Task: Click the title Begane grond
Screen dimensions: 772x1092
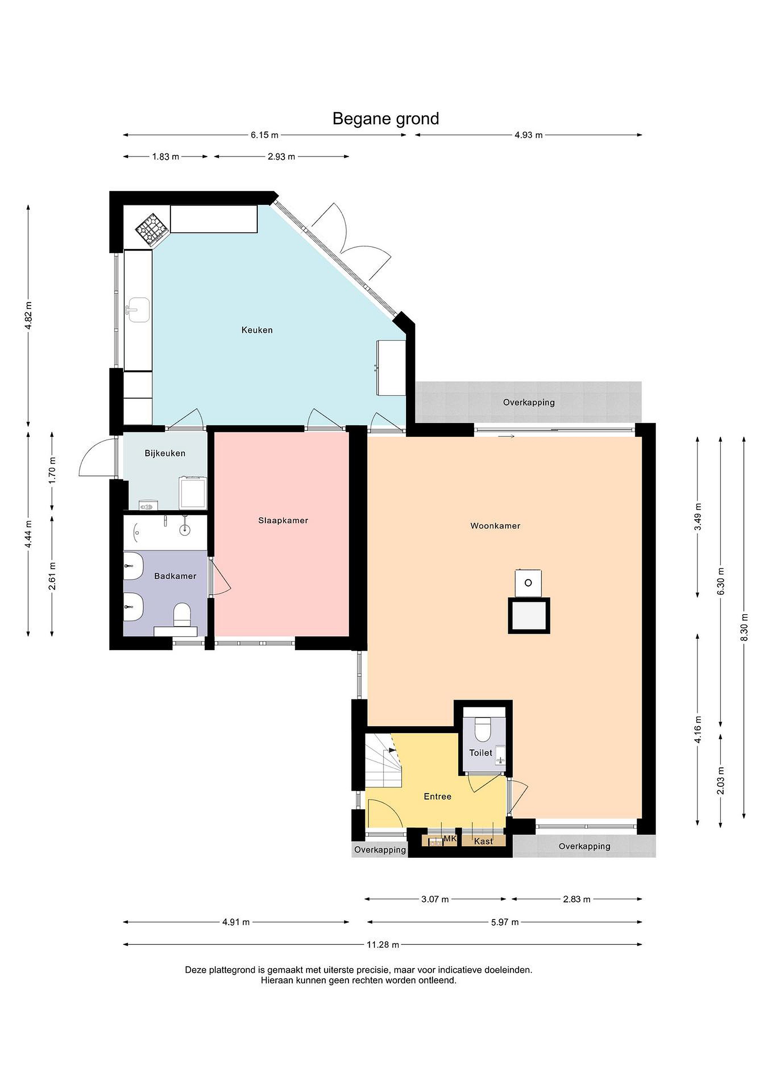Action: (x=385, y=118)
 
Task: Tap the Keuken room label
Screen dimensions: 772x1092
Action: (x=257, y=329)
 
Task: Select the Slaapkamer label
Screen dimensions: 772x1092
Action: (x=283, y=520)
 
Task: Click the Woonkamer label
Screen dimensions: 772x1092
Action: (x=495, y=526)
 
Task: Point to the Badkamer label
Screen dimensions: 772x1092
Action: (x=175, y=576)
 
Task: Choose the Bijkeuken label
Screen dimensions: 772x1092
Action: (x=165, y=453)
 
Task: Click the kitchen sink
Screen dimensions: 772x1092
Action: (x=138, y=310)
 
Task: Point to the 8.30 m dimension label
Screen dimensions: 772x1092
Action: (x=744, y=627)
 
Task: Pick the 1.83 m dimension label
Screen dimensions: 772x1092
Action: (x=165, y=157)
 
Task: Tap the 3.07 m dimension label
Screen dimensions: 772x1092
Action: (x=435, y=899)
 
